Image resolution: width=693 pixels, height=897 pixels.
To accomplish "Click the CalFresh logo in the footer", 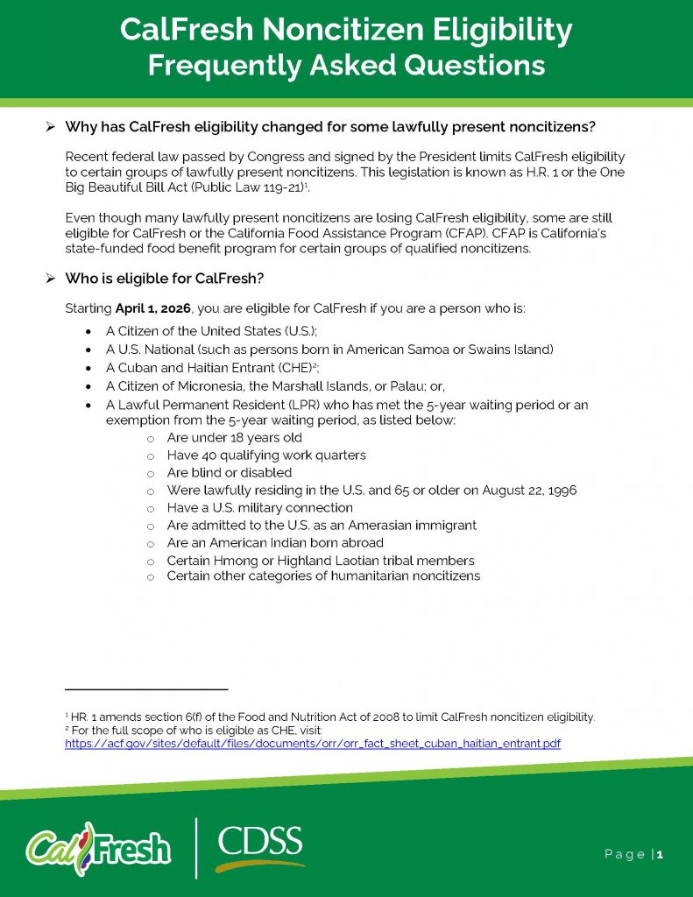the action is (x=98, y=847).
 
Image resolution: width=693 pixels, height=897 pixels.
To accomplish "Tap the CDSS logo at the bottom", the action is (x=259, y=846).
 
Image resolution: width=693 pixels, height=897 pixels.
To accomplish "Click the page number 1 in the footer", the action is (x=660, y=854).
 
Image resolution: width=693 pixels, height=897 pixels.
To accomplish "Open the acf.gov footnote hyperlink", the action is (x=313, y=744).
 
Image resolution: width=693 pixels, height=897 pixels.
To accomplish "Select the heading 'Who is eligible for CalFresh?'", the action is (x=165, y=279).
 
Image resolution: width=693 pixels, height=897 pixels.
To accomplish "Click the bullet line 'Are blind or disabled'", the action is (x=229, y=473).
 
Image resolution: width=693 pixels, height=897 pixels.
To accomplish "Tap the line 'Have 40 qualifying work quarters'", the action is (x=266, y=456).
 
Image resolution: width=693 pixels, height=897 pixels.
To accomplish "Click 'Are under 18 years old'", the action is (x=234, y=438).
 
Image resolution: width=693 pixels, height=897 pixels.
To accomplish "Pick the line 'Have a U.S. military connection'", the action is (x=259, y=508).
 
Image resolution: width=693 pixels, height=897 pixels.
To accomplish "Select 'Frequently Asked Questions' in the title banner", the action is (x=346, y=66).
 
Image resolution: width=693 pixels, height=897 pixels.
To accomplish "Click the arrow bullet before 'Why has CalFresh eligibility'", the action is (x=51, y=128).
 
